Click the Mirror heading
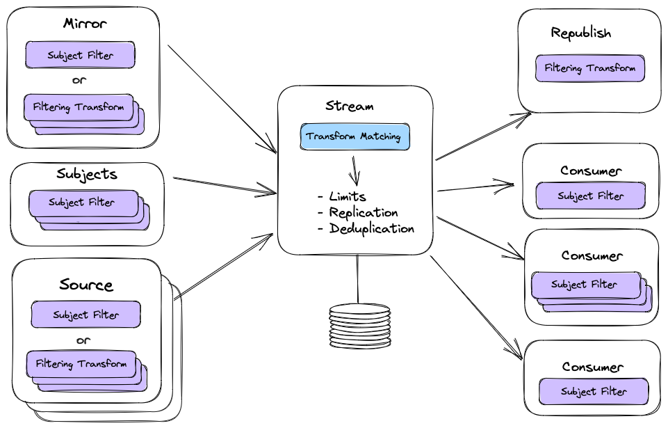(85, 24)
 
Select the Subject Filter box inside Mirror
(80, 55)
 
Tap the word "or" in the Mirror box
(79, 80)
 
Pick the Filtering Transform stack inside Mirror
(79, 108)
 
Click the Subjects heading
(87, 174)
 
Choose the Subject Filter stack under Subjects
(81, 203)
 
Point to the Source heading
(86, 285)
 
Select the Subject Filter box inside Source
(85, 315)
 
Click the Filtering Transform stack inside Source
(81, 364)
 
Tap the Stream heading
(349, 106)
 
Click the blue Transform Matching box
(355, 137)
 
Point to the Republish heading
(581, 33)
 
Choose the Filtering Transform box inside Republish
(590, 69)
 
